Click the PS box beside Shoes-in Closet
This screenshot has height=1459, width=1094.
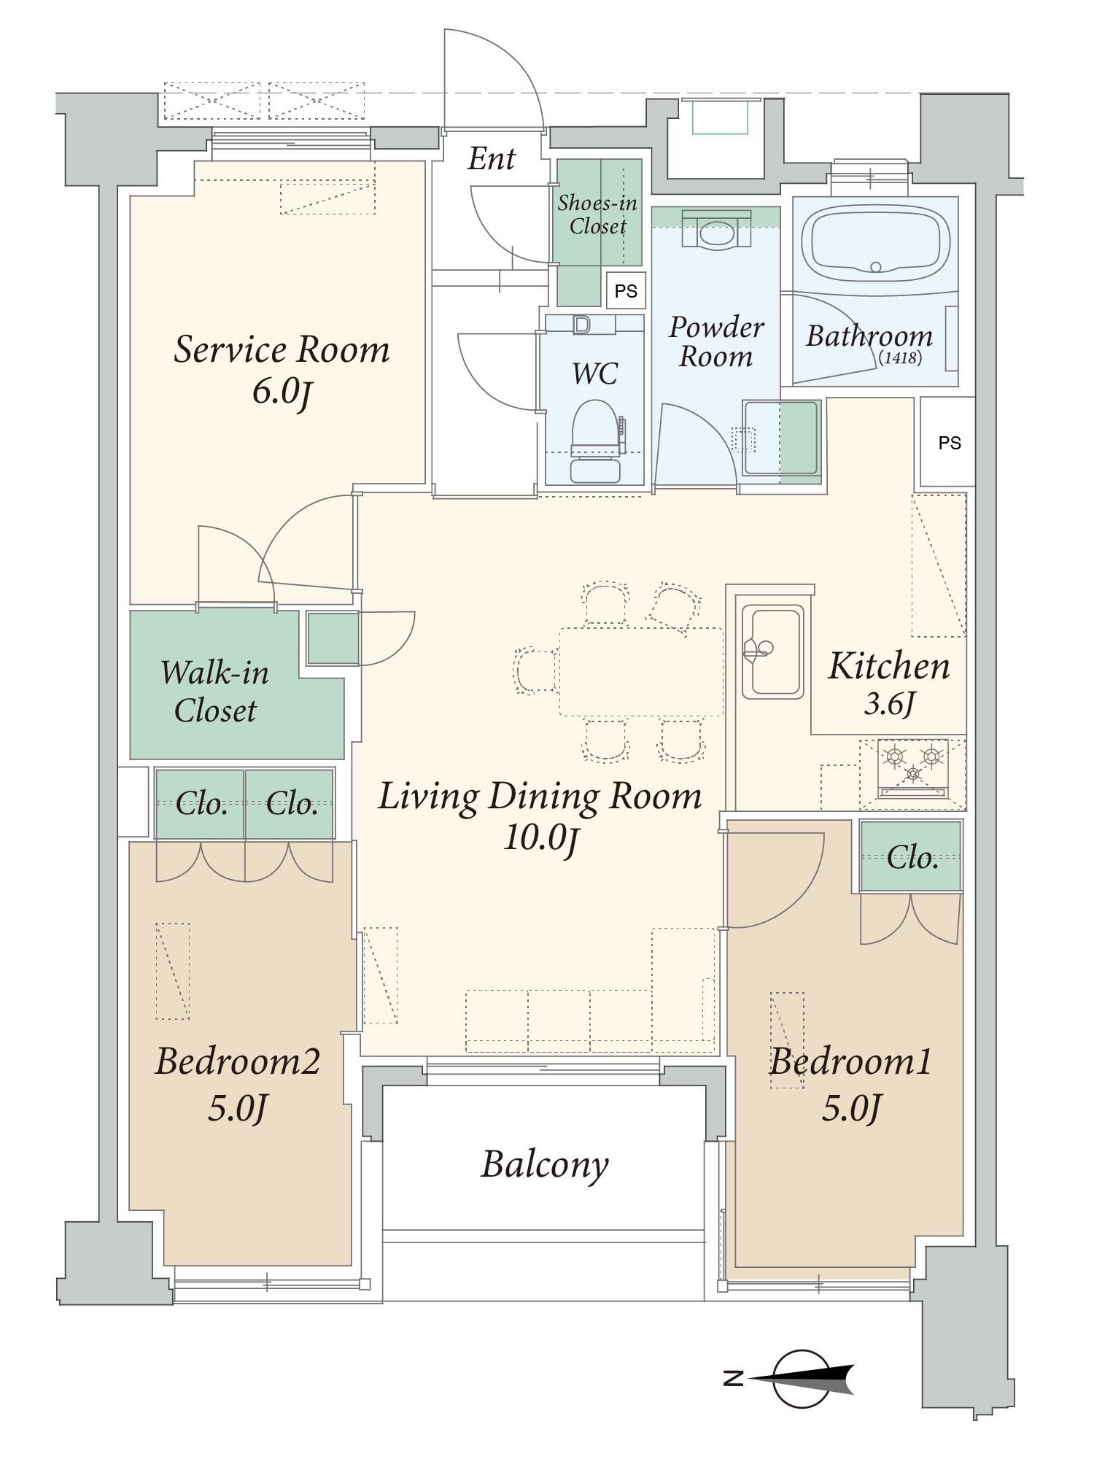626,290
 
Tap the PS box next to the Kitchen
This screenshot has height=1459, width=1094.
948,442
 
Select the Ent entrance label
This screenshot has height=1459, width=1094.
492,158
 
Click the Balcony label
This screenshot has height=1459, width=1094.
544,1165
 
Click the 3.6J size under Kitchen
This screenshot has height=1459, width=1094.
889,704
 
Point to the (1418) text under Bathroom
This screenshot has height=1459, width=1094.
900,358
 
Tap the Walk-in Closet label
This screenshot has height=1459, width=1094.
215,691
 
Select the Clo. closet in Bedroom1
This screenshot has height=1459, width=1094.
911,857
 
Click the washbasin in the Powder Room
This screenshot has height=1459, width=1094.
717,230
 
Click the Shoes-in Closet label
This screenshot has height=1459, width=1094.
597,214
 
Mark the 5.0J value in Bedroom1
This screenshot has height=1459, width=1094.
851,1107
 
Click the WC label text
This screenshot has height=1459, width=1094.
595,374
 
